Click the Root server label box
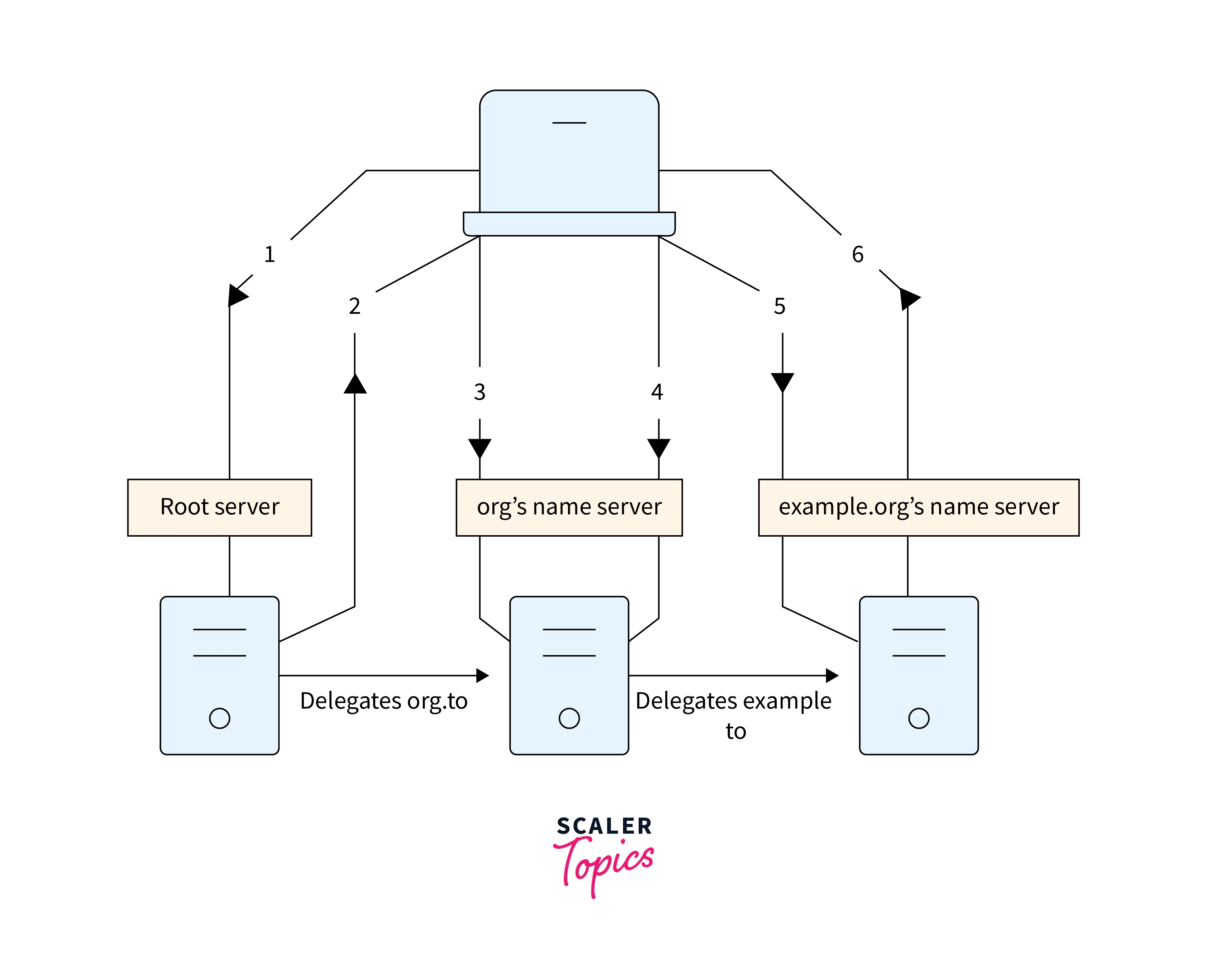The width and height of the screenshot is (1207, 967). [219, 507]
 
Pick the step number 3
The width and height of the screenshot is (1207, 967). [479, 392]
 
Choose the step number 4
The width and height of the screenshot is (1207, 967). [657, 392]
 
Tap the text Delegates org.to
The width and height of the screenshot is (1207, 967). [383, 701]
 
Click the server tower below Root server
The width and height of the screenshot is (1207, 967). [219, 675]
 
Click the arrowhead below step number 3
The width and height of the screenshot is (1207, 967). [480, 448]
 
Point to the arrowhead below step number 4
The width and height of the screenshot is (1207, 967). [659, 448]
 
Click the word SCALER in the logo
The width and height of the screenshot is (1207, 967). [604, 826]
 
